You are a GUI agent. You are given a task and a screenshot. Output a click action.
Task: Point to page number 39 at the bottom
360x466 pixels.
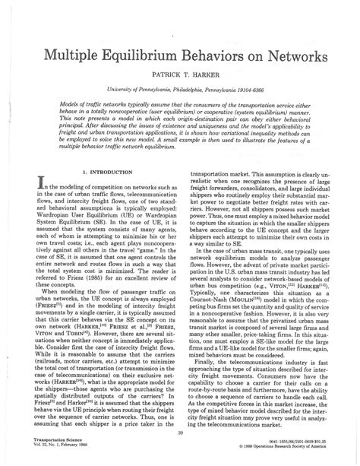pos(180,433)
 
